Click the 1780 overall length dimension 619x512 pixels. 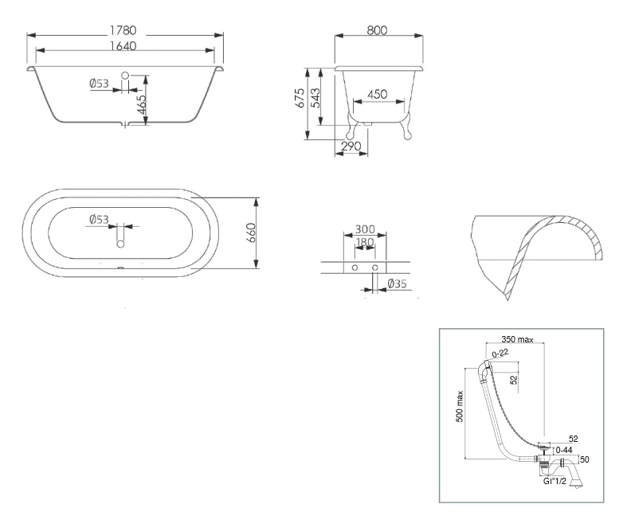coord(123,30)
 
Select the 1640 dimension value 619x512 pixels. coord(123,46)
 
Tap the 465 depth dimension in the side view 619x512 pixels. coord(141,104)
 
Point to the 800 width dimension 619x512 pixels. coord(377,30)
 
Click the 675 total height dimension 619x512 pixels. coord(300,98)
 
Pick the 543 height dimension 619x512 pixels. coord(315,98)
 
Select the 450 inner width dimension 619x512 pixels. coord(378,94)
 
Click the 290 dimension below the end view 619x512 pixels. coord(351,147)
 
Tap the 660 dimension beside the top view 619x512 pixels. coord(251,233)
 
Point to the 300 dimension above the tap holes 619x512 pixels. coord(365,229)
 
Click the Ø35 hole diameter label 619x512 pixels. coord(398,283)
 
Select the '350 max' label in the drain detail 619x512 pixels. coord(517,339)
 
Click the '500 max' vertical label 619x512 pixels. coord(460,407)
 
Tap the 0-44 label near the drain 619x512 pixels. coord(564,450)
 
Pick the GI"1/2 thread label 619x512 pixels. coord(554,481)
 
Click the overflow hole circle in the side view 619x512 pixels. coord(125,75)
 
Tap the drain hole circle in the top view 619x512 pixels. coord(120,244)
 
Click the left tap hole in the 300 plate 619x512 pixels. coord(355,268)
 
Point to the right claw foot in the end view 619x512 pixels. coord(405,126)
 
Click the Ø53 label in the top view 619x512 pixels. coord(99,219)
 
